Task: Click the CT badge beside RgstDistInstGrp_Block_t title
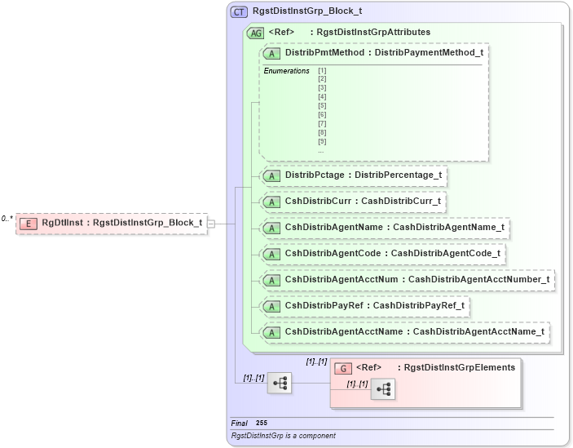[240, 11]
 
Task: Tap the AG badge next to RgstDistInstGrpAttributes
[255, 32]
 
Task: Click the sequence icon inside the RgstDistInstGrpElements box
[382, 390]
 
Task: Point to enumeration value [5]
[322, 106]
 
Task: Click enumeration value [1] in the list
[322, 71]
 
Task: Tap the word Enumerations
[286, 71]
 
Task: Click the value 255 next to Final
[261, 423]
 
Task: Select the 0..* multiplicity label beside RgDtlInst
[7, 219]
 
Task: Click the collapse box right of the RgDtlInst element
[211, 223]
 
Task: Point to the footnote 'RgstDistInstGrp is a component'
[283, 436]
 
